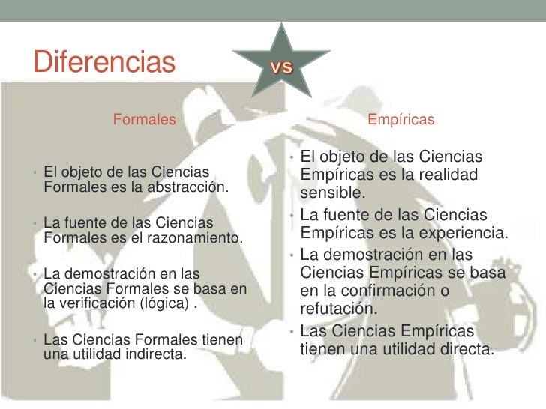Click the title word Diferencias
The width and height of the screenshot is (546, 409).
click(x=104, y=61)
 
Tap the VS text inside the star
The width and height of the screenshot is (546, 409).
click(x=281, y=67)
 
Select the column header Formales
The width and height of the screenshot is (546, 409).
click(x=145, y=119)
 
